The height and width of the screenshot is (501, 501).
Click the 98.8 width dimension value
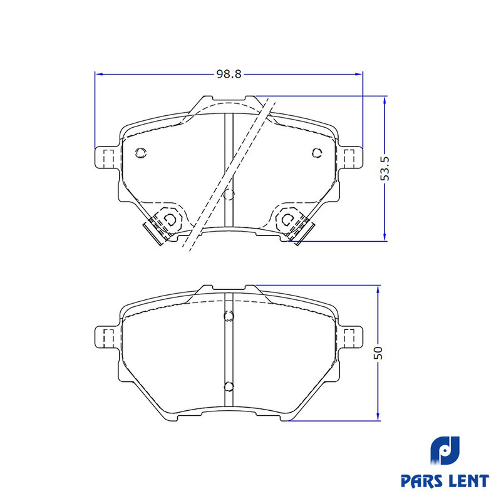[x=229, y=74]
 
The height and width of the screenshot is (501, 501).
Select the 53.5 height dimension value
[x=385, y=168]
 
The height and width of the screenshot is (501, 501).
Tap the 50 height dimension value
[x=378, y=353]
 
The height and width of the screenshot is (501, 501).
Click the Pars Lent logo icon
[x=445, y=451]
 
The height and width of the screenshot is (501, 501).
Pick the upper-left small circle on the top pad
[x=140, y=153]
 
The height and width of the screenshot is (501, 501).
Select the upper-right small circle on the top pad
[x=317, y=153]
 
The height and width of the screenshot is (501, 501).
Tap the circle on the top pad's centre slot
[x=229, y=194]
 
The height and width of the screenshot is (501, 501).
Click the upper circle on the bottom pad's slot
[x=229, y=316]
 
